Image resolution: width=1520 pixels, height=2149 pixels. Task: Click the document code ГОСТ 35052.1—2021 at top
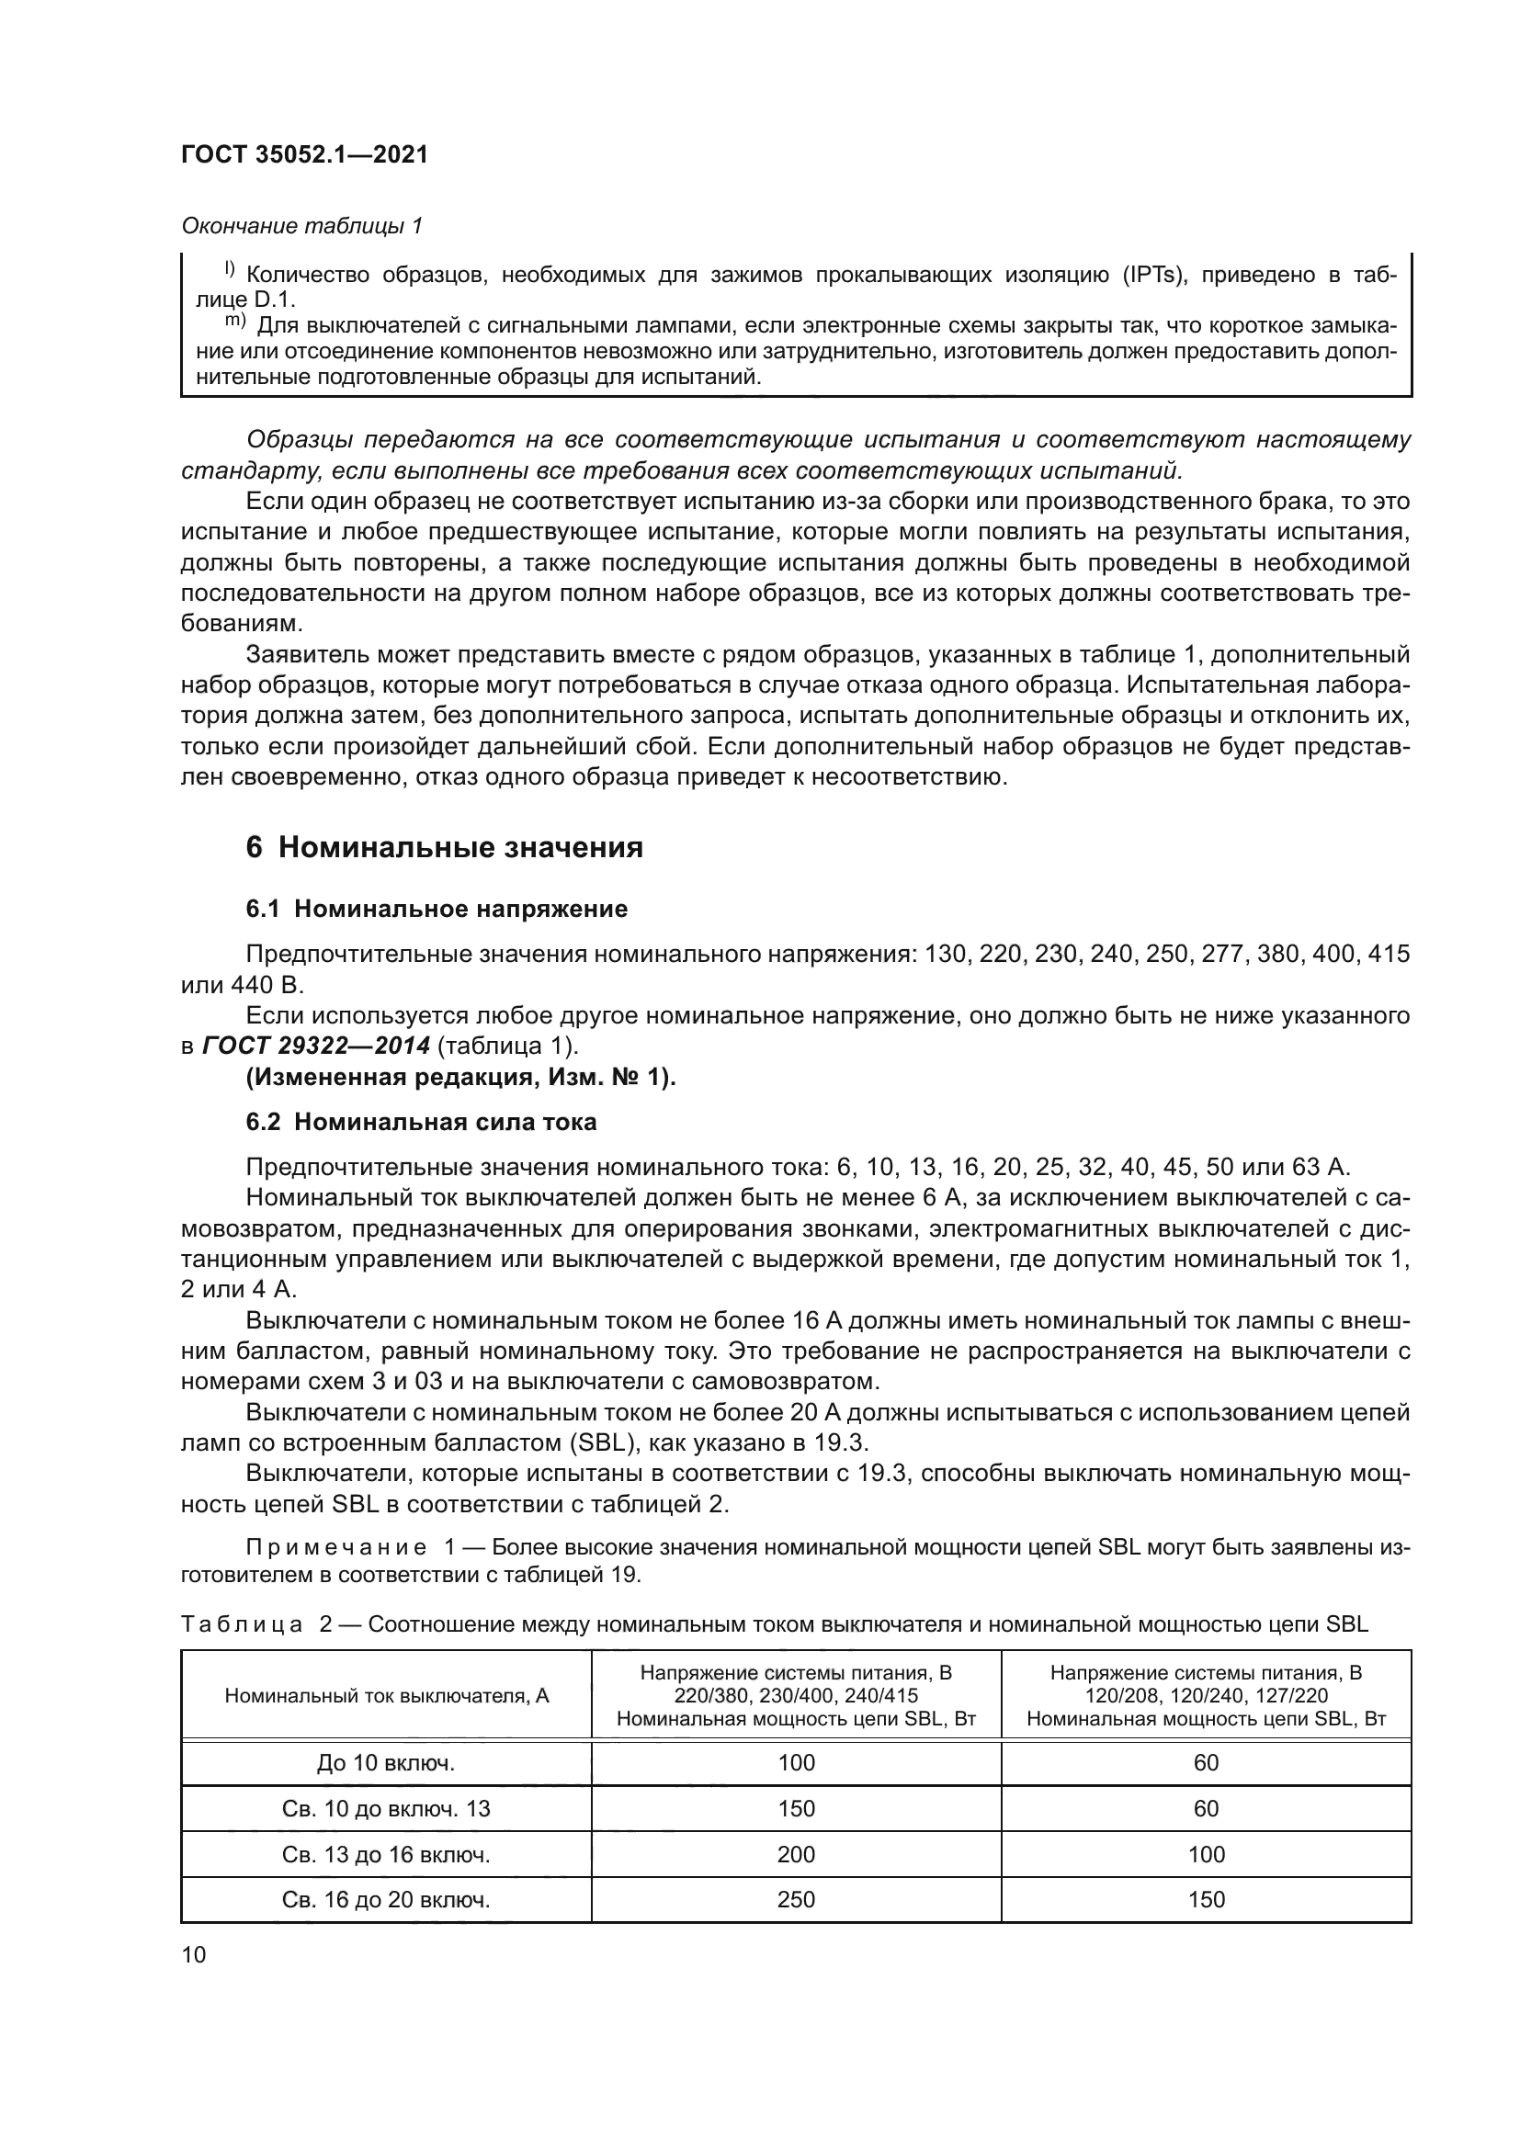304,154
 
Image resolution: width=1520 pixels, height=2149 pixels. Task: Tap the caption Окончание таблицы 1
301,226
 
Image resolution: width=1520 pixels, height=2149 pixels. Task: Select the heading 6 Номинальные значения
445,848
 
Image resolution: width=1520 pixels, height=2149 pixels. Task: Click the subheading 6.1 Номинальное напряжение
437,909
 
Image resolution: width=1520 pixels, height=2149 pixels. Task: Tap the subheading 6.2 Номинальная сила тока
421,1121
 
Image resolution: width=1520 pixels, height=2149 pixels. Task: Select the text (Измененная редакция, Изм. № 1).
460,1078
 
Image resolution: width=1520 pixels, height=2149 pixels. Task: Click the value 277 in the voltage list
1222,954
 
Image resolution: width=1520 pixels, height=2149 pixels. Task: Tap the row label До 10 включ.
386,1763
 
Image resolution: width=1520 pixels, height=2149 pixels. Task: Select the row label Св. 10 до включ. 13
386,1809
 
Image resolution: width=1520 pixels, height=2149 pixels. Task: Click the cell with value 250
796,1899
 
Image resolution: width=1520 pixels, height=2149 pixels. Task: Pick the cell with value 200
796,1854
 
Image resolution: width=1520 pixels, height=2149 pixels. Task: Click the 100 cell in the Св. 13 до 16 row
1206,1854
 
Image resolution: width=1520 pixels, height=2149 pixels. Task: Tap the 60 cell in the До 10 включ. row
1206,1763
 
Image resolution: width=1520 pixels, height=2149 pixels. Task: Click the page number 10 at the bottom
194,1954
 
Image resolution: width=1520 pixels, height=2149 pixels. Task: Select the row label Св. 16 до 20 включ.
386,1899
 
